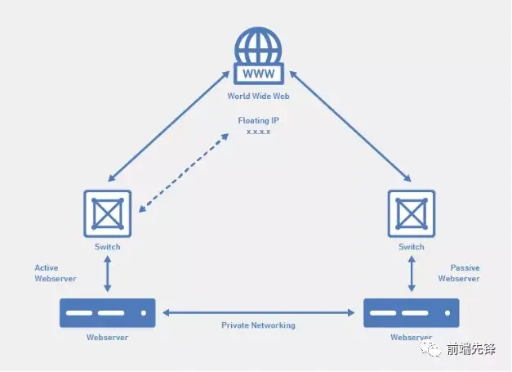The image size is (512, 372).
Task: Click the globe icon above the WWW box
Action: point(257,46)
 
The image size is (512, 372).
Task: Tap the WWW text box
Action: point(257,74)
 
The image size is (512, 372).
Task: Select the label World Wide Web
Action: point(257,96)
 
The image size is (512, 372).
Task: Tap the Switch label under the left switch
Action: point(108,247)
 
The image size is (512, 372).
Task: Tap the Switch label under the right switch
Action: point(411,247)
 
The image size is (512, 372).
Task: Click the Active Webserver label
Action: point(56,273)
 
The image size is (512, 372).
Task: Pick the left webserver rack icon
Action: point(107,313)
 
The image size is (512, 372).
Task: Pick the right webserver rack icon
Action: point(411,313)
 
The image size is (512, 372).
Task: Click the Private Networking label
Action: point(258,325)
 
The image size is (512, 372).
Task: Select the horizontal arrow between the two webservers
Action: point(258,311)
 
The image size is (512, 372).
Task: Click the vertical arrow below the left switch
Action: point(108,274)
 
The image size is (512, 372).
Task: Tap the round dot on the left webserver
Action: point(144,313)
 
